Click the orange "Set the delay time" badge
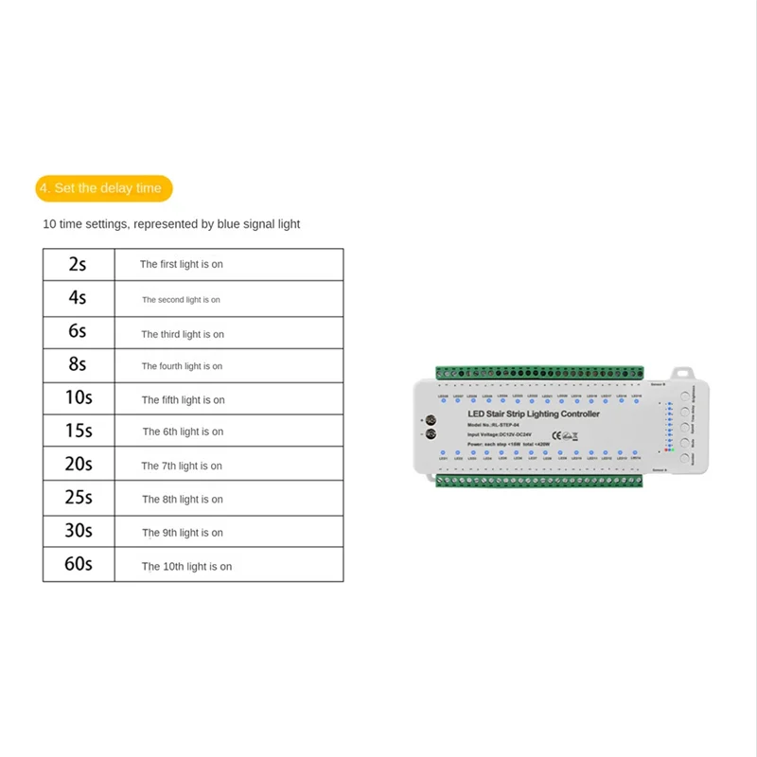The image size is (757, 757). click(x=104, y=187)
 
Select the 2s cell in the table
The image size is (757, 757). click(x=78, y=264)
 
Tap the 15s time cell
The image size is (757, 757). click(x=78, y=431)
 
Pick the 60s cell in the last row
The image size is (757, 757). click(x=78, y=565)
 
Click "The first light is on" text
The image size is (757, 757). click(x=182, y=264)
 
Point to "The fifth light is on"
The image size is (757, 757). click(x=184, y=400)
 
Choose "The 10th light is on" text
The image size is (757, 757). click(x=186, y=566)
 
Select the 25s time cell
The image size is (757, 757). click(x=78, y=498)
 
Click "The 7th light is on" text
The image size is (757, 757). click(x=182, y=466)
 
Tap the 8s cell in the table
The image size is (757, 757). click(x=78, y=365)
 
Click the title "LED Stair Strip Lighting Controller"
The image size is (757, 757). click(x=534, y=414)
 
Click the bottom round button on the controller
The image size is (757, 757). click(x=683, y=457)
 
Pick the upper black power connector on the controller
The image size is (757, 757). click(x=431, y=419)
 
